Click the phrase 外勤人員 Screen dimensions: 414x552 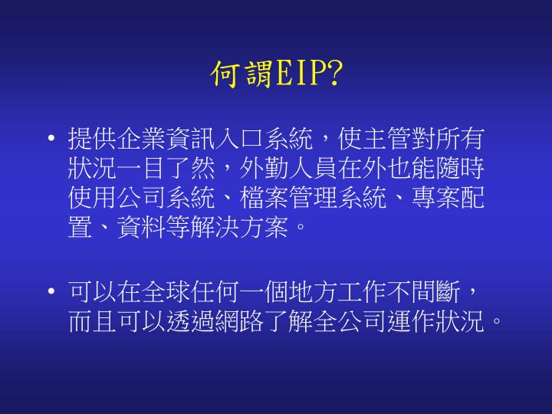coord(287,169)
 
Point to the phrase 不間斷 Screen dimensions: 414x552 coord(426,292)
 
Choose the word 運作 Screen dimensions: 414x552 coord(426,321)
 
